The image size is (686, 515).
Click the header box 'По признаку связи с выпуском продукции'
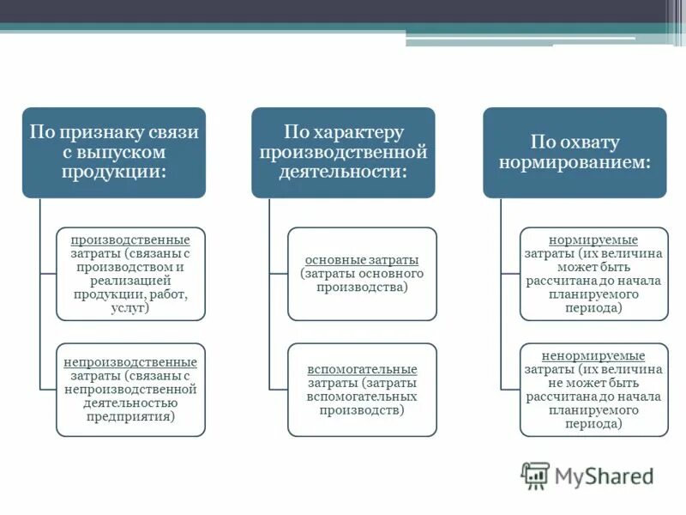(x=114, y=152)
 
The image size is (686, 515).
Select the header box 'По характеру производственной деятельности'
(x=343, y=152)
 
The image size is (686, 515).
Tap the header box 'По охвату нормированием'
(x=575, y=152)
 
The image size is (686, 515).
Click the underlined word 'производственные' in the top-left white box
(x=130, y=240)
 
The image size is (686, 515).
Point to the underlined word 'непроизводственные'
(x=130, y=362)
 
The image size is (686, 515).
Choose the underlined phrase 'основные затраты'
(x=362, y=259)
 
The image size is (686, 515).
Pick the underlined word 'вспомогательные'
(x=362, y=369)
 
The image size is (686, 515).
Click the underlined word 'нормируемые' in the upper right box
(x=593, y=239)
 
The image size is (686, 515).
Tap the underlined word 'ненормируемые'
(x=593, y=355)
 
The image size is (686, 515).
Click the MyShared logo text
(x=604, y=475)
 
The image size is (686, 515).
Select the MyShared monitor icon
(x=536, y=475)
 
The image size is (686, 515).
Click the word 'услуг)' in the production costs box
(x=130, y=306)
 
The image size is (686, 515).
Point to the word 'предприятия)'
(x=130, y=416)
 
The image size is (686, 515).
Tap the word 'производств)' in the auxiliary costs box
(x=362, y=410)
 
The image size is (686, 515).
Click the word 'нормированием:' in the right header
(x=575, y=162)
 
